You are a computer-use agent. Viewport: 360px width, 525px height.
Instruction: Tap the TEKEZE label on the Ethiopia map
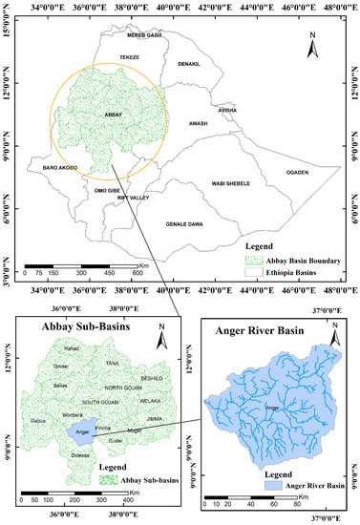pyautogui.click(x=129, y=57)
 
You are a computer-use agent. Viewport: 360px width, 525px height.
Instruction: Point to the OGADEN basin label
pyautogui.click(x=299, y=172)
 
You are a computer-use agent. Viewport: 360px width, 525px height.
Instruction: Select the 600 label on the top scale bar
pyautogui.click(x=137, y=272)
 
